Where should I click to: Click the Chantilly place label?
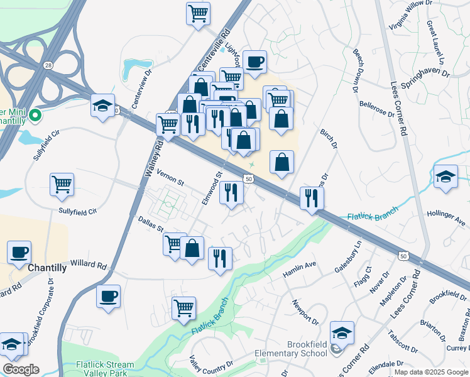[x=47, y=268]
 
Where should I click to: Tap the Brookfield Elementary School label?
[x=290, y=349]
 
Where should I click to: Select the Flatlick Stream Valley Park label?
[x=105, y=368]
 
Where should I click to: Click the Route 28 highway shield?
[x=48, y=65]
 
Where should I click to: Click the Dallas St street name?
[x=150, y=225]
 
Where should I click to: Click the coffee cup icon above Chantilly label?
[x=19, y=253]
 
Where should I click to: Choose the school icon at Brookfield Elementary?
[x=342, y=332]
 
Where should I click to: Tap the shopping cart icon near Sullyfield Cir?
[x=62, y=185]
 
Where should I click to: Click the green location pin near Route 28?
[x=35, y=116]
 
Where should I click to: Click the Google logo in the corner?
[x=21, y=369]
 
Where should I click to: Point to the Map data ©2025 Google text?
[x=431, y=372]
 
